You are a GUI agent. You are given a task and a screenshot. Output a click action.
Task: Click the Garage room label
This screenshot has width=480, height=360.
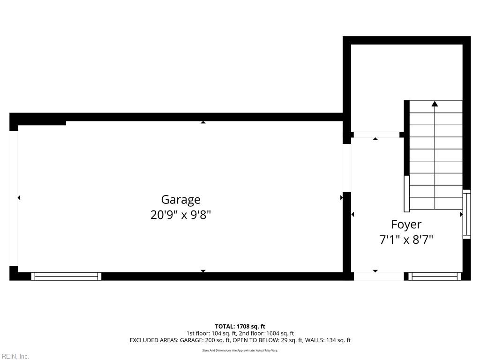(180, 200)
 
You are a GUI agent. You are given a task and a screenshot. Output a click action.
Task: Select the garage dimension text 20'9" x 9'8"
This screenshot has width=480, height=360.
(180, 215)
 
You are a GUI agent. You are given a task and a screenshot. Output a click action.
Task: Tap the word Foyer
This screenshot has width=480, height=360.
(406, 225)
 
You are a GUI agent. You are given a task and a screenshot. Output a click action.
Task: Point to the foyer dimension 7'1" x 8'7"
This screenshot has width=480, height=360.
(406, 240)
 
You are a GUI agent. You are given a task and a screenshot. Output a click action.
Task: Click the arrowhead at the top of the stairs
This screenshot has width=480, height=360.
(435, 104)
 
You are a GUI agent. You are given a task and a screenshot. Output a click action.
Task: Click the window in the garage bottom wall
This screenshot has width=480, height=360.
(66, 277)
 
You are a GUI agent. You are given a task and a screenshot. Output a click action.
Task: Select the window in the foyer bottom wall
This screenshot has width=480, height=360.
(434, 277)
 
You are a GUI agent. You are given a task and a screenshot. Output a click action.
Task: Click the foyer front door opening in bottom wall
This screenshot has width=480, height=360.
(379, 277)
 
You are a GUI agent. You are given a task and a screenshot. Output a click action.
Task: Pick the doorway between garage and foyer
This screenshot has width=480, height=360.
(347, 167)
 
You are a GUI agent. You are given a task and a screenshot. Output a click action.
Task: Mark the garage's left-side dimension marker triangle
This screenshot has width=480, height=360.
(19, 198)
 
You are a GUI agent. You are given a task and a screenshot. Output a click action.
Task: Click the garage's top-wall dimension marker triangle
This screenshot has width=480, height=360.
(203, 122)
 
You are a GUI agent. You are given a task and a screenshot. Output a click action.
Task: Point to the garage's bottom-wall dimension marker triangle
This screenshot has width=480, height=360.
(203, 271)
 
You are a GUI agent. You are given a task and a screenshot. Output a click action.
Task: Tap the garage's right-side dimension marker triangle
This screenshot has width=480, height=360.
(341, 198)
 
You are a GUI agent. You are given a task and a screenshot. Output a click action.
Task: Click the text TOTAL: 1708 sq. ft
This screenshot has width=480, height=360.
(240, 326)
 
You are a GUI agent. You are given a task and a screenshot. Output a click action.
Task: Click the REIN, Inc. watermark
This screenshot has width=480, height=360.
(15, 357)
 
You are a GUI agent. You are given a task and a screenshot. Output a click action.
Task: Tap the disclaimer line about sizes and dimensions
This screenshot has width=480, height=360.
(240, 351)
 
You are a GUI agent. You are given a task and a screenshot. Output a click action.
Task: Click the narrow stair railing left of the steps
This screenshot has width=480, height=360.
(406, 194)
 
